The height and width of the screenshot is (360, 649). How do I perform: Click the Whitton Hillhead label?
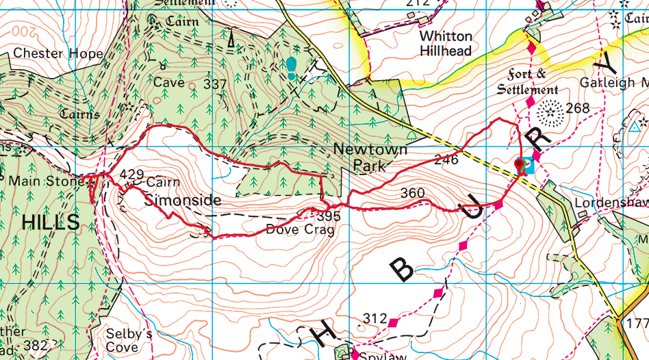446,43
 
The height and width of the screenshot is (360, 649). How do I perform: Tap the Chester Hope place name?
58,53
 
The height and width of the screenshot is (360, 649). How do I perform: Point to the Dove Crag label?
300,230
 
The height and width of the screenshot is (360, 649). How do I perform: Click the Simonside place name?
183,201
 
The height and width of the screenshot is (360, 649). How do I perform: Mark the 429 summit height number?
130,175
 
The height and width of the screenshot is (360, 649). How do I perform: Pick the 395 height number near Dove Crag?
329,216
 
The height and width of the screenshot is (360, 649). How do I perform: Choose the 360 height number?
413,194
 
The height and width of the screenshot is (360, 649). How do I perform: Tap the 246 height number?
446,162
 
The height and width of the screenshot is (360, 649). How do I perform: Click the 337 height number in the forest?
215,84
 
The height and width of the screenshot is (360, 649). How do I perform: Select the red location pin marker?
520,165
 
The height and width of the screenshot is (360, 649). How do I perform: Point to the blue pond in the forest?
291,67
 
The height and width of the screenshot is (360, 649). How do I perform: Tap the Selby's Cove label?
129,340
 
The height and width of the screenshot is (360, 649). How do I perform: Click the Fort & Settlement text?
527,81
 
